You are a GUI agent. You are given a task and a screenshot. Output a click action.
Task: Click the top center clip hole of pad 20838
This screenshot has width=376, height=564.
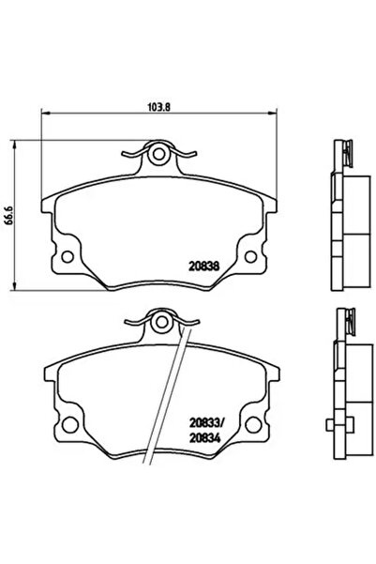click(x=161, y=154)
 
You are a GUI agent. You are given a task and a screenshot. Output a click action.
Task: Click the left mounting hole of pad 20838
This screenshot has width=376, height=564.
click(x=68, y=253)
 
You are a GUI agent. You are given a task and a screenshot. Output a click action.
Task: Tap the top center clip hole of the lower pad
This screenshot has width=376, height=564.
click(x=161, y=325)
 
